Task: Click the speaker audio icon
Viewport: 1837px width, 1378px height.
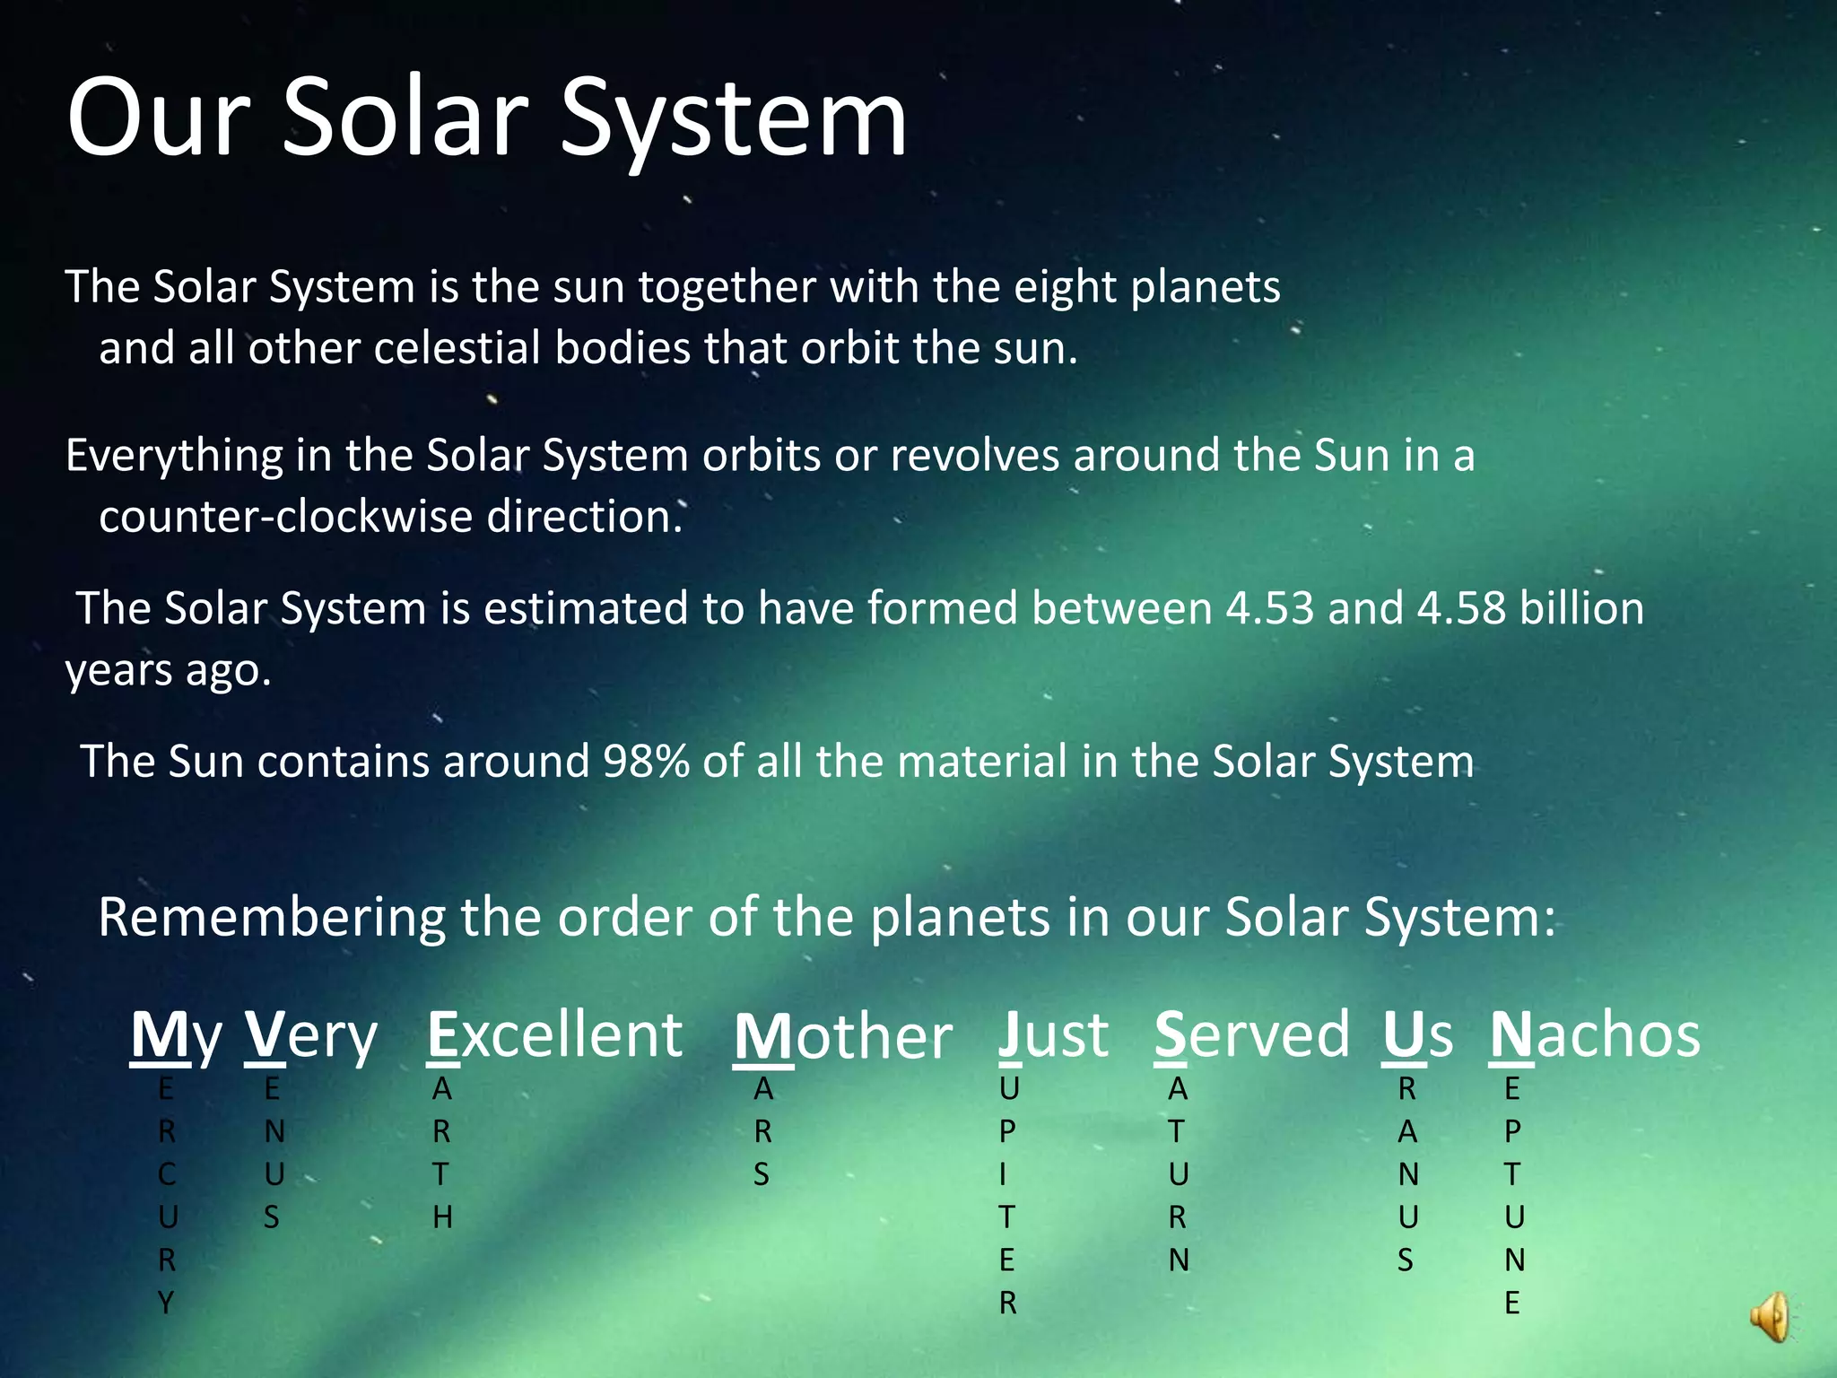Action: point(1769,1317)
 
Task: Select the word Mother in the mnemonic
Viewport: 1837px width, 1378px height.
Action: point(842,1037)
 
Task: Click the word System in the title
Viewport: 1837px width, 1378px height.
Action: point(733,119)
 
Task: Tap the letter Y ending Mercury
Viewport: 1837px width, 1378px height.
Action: point(166,1303)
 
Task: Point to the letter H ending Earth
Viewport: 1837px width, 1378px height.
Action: point(442,1217)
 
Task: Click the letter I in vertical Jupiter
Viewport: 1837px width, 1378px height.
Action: point(1003,1174)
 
